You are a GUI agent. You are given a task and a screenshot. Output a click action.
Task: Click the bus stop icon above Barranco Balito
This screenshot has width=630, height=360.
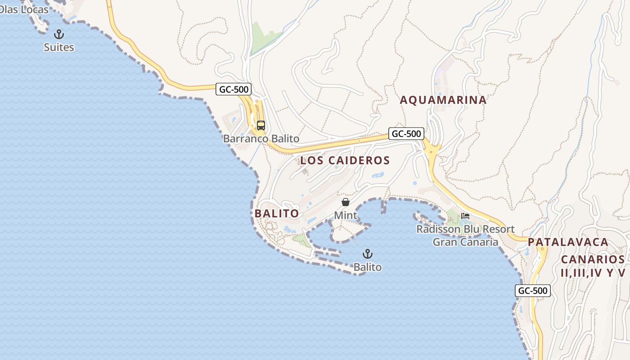tap(261, 125)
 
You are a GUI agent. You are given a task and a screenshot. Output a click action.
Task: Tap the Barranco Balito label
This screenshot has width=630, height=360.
tap(261, 139)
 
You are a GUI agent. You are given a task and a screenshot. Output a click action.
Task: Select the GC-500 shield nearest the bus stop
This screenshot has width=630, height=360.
tap(234, 89)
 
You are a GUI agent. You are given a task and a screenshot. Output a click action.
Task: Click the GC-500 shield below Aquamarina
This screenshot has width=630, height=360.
tap(406, 134)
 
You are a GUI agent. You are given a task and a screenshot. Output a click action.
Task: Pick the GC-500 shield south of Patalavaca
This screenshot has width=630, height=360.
tap(533, 291)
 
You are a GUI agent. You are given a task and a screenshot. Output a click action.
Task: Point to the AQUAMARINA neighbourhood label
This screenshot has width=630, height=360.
tap(443, 100)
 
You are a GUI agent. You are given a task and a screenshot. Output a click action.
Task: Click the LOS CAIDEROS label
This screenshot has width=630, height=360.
tap(345, 160)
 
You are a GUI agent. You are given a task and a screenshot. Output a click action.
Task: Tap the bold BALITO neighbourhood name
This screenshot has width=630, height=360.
tap(277, 213)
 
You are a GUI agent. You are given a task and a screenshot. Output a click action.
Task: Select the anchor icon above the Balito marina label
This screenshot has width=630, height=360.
tap(368, 254)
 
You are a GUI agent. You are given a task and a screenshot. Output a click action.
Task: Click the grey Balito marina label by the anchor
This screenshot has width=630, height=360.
tap(367, 267)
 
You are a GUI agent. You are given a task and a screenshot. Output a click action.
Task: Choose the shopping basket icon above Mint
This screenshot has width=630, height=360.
tap(346, 202)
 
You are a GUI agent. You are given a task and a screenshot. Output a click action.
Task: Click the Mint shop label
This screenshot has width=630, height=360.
tap(346, 216)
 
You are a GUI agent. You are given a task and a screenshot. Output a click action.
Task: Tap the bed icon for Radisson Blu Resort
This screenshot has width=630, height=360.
tap(465, 216)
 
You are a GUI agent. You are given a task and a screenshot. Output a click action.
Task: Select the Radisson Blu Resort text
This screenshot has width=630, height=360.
tap(465, 229)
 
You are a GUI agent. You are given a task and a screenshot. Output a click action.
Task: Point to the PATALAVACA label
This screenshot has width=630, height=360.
tap(568, 242)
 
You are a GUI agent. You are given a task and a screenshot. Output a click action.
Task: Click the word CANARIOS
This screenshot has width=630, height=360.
tap(593, 260)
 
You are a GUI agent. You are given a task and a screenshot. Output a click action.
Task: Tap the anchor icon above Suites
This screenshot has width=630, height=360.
tap(59, 34)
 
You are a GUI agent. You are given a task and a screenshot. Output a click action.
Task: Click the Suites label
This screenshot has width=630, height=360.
tap(59, 47)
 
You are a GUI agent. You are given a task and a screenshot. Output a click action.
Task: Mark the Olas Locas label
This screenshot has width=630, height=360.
tap(23, 9)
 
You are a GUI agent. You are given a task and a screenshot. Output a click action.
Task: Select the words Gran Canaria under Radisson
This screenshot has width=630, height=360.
tap(465, 243)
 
